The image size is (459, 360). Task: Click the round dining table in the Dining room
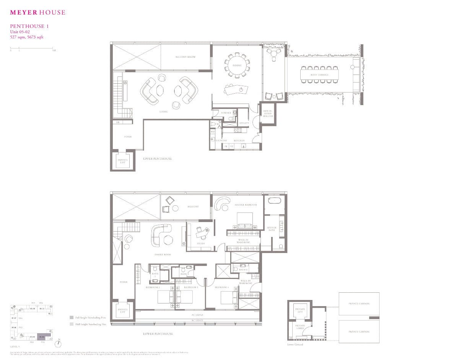point(237,65)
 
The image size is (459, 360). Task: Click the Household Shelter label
point(268,114)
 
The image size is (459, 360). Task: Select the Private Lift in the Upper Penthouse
point(123,161)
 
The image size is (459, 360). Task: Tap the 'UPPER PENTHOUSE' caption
point(158,159)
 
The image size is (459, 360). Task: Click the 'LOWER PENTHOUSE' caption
point(158,334)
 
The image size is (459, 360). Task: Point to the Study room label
point(201,243)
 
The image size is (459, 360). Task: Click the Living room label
point(164,112)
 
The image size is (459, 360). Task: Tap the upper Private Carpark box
point(359,304)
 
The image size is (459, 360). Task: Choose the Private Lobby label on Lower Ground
point(300,328)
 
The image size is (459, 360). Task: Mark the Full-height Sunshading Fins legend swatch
point(71,318)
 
